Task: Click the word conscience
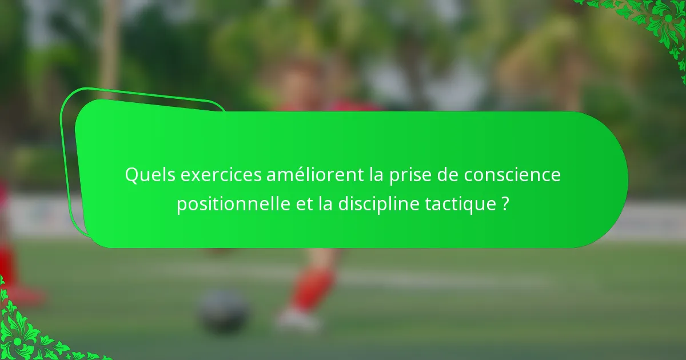(x=512, y=175)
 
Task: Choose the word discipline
(x=377, y=204)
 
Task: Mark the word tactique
(x=458, y=204)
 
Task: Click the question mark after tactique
(x=505, y=204)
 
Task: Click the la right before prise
(x=376, y=175)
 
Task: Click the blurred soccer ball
(x=224, y=311)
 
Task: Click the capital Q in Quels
(x=131, y=175)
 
